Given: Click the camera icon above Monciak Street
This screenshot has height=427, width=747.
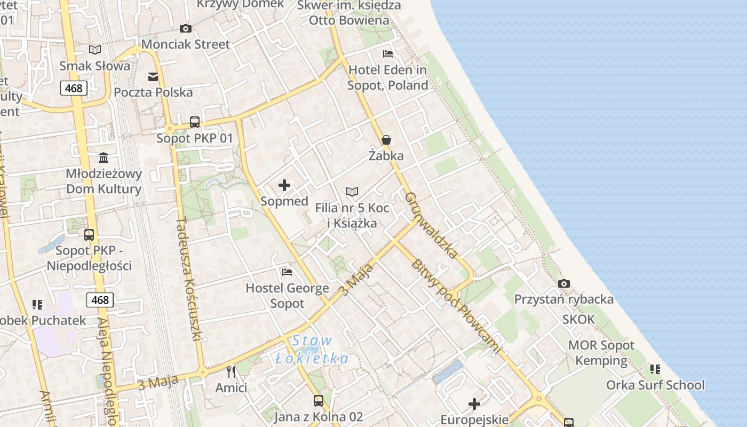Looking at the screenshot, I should [186, 28].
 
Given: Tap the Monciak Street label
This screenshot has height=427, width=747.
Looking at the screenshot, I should [186, 44].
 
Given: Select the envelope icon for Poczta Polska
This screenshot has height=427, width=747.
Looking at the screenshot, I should [153, 76].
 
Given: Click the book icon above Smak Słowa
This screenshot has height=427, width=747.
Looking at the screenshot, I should [95, 50].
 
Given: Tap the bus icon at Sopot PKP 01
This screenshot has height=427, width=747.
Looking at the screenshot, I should [195, 122].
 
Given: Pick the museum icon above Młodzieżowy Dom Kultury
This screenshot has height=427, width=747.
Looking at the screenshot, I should [104, 158].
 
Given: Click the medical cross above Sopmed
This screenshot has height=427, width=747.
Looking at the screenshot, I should [284, 185].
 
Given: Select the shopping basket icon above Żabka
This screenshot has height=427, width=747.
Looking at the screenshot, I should [386, 140].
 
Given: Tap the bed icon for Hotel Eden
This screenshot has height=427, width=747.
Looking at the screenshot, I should [388, 54].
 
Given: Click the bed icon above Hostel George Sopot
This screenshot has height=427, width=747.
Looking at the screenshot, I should [287, 272].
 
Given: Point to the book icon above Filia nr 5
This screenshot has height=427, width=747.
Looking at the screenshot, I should [352, 192].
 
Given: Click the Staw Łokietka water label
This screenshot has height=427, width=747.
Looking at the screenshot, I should [313, 350].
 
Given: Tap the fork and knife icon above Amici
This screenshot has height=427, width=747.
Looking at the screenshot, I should [231, 371].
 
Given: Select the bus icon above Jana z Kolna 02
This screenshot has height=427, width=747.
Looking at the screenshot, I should [319, 400].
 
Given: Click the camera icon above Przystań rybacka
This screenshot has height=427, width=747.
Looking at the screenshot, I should [564, 283].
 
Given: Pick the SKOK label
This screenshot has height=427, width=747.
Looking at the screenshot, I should [578, 319].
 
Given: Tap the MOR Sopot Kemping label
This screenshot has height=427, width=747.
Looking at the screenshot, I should [601, 353].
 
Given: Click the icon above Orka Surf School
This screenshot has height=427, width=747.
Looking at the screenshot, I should [655, 369].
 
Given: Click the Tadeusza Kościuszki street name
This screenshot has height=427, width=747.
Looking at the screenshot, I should [189, 279].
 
